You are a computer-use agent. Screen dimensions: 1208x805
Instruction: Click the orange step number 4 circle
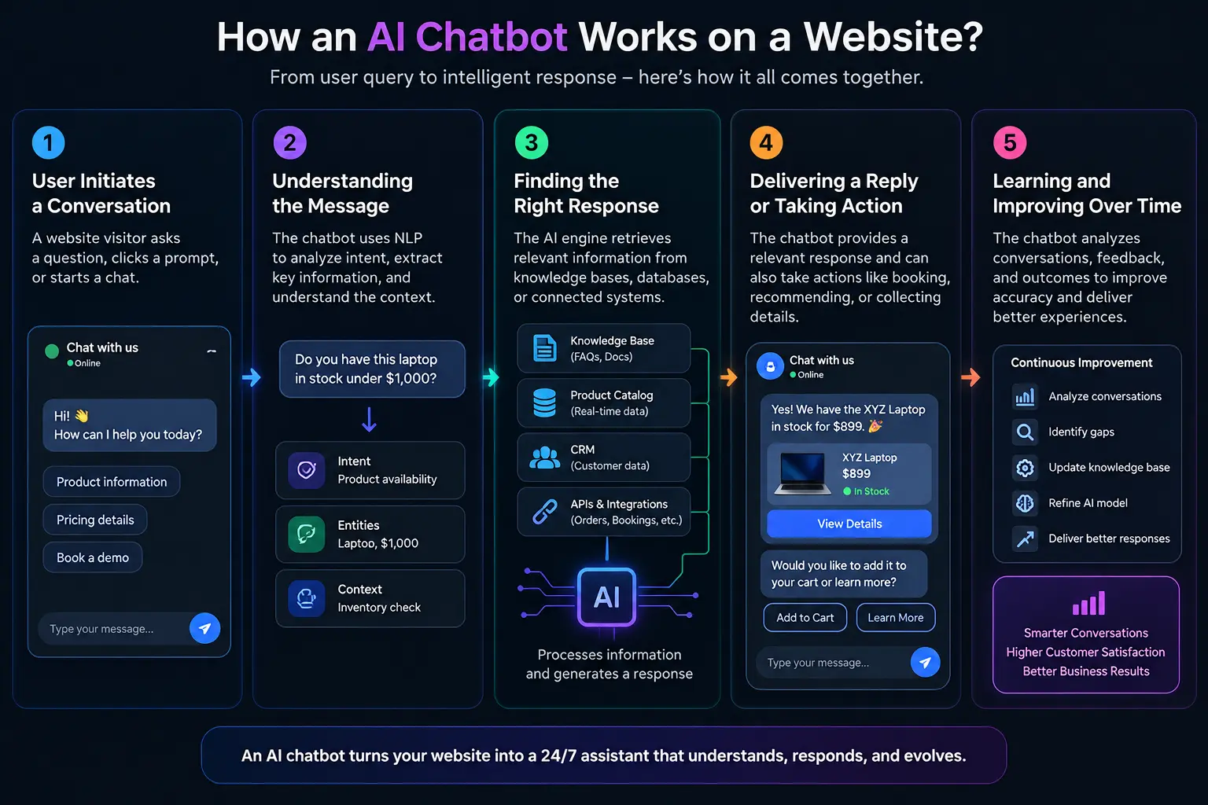pyautogui.click(x=766, y=143)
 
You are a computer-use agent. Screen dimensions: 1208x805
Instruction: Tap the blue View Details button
pyautogui.click(x=849, y=524)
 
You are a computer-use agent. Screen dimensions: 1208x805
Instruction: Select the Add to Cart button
pyautogui.click(x=805, y=617)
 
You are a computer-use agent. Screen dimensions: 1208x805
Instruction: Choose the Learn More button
pyautogui.click(x=896, y=617)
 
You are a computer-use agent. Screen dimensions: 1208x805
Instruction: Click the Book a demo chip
pyautogui.click(x=93, y=557)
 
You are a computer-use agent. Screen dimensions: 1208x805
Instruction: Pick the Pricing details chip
pyautogui.click(x=95, y=520)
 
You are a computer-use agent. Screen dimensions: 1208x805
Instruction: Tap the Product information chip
pyautogui.click(x=112, y=481)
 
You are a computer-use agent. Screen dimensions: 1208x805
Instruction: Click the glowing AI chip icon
pyautogui.click(x=606, y=597)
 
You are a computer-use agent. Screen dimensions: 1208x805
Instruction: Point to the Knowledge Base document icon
pyautogui.click(x=545, y=347)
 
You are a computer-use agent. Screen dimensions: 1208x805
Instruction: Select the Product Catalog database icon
pyautogui.click(x=545, y=402)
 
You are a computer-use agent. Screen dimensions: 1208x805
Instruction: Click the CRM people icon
pyautogui.click(x=545, y=458)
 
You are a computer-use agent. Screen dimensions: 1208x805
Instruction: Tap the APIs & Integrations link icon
pyautogui.click(x=545, y=512)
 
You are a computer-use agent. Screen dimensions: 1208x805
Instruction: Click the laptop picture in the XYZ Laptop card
pyautogui.click(x=802, y=473)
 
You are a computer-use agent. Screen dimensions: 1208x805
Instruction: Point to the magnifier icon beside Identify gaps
pyautogui.click(x=1025, y=432)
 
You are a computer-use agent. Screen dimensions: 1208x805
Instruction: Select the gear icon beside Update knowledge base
pyautogui.click(x=1025, y=468)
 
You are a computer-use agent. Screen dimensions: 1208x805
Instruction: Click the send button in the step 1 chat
pyautogui.click(x=204, y=628)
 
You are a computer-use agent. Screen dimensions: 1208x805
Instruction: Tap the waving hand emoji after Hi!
pyautogui.click(x=82, y=416)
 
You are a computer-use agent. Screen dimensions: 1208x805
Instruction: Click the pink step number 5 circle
pyautogui.click(x=1010, y=143)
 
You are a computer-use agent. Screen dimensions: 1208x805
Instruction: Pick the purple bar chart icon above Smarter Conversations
pyautogui.click(x=1088, y=603)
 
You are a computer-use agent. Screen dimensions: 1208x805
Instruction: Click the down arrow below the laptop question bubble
pyautogui.click(x=370, y=420)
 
